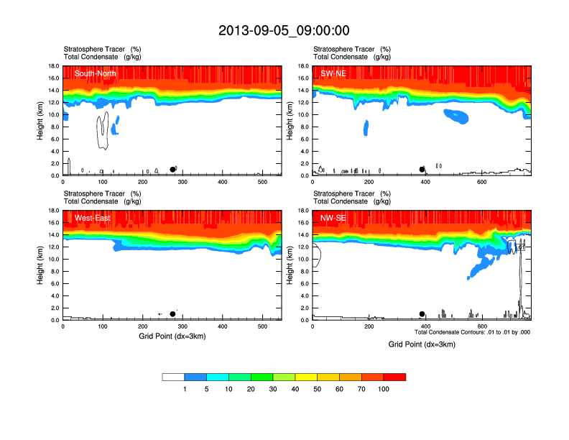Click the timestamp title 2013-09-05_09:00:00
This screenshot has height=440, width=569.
284,30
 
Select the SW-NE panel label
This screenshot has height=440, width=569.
334,73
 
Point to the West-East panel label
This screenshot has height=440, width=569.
92,218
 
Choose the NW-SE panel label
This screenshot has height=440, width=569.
334,218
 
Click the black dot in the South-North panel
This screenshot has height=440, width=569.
172,170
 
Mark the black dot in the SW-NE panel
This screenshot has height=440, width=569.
422,170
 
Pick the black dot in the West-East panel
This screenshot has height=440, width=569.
172,314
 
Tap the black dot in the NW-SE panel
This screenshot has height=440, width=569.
422,314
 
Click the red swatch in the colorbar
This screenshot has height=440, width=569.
394,377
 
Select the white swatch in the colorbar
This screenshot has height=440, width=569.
173,377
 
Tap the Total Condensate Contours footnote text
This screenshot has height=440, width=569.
472,332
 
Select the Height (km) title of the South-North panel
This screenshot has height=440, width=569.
40,121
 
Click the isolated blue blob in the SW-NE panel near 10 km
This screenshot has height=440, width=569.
455,114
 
